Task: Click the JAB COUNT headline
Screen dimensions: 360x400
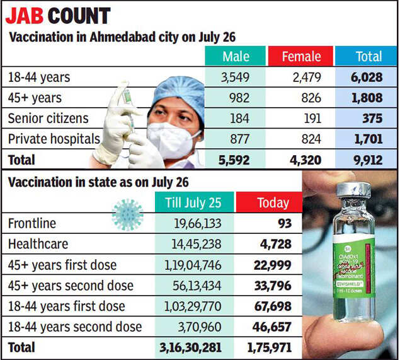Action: (58, 15)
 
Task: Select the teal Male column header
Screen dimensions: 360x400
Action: (236, 57)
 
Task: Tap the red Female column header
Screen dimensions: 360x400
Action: (302, 57)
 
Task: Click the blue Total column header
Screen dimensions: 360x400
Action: (369, 57)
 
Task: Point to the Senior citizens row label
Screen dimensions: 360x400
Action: (48, 118)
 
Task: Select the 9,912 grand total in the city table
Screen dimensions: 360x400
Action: (368, 160)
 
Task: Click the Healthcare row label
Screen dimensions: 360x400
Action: (38, 244)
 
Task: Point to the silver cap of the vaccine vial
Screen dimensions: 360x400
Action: (353, 191)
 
